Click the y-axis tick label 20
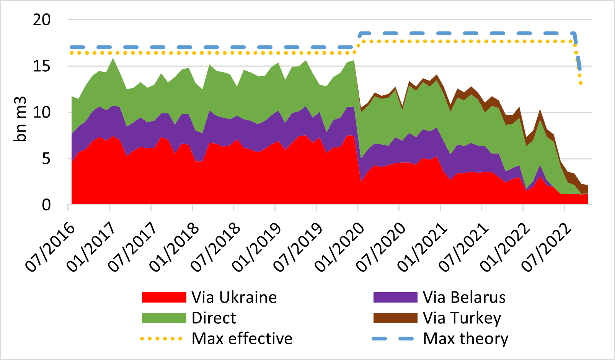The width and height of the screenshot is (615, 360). [x=42, y=20]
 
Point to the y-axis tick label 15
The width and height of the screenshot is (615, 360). [x=42, y=66]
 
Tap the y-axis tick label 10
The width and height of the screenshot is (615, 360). [x=42, y=113]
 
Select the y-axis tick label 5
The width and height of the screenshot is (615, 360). [x=46, y=159]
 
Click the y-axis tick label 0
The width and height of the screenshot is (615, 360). [x=46, y=205]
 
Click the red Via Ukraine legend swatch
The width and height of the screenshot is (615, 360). [x=164, y=298]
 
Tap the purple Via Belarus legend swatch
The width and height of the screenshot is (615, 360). [x=395, y=298]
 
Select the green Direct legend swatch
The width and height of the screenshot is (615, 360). [x=164, y=318]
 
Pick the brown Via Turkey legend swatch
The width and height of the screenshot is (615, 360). [x=395, y=318]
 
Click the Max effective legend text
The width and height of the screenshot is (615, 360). [x=242, y=339]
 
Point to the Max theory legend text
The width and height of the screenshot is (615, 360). [x=465, y=339]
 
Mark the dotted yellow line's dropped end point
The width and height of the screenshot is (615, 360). [x=581, y=83]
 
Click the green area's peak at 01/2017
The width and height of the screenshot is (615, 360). [x=113, y=59]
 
